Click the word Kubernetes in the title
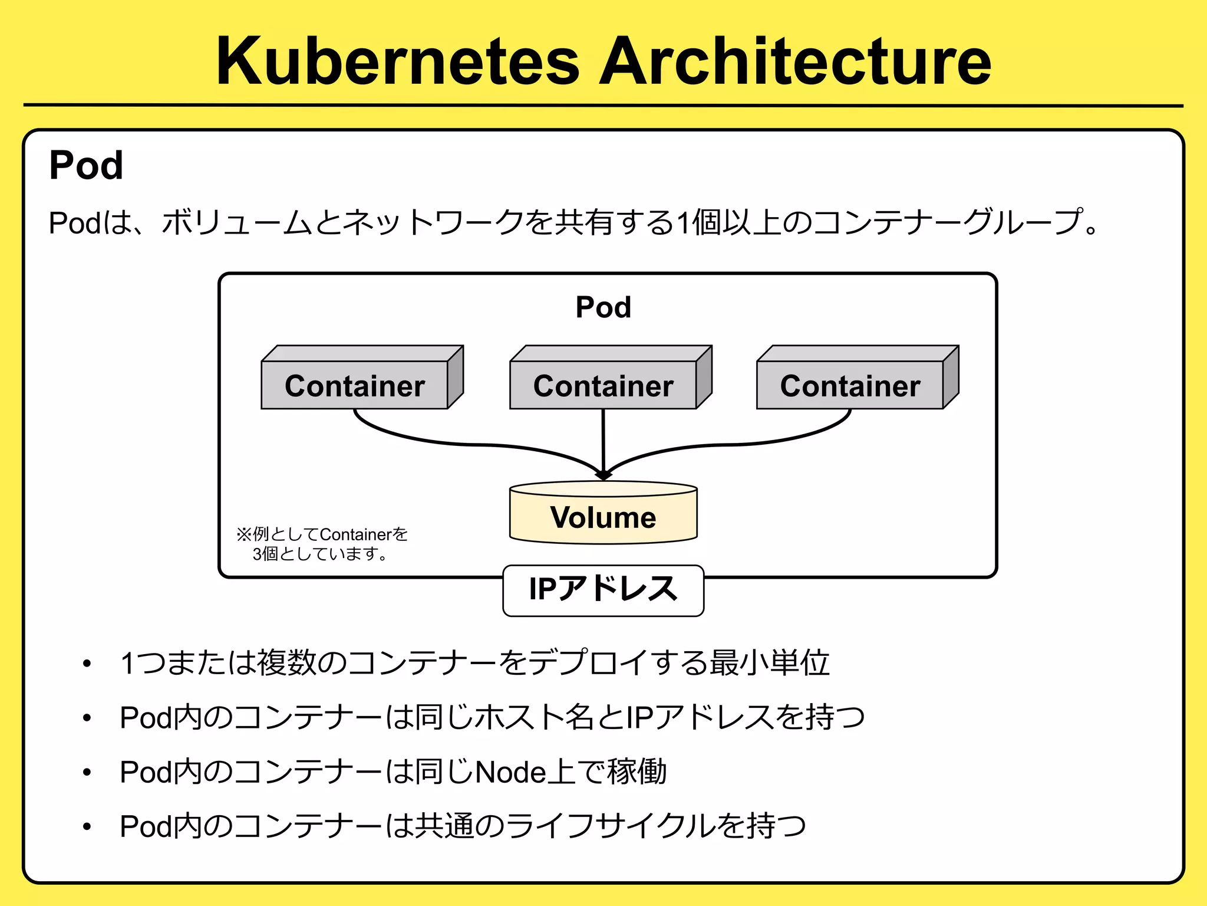click(398, 61)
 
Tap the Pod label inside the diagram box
click(603, 307)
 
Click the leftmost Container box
click(355, 385)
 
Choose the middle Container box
click(603, 385)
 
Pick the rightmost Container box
click(850, 385)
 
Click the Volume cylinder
click(603, 517)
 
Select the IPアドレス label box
click(603, 590)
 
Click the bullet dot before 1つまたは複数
click(87, 664)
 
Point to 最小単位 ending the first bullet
click(769, 662)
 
